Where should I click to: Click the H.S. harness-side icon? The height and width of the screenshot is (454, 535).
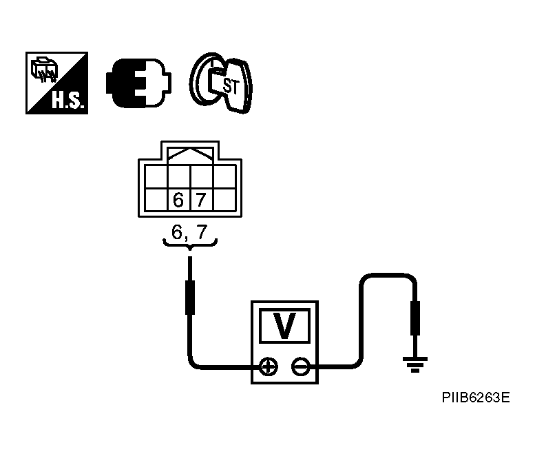(x=56, y=83)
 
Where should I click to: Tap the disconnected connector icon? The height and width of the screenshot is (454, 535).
(x=138, y=83)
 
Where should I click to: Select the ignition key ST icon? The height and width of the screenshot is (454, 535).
(x=221, y=83)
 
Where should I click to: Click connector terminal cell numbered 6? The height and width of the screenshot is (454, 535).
(x=178, y=200)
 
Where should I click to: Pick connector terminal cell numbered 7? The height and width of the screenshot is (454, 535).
(x=200, y=200)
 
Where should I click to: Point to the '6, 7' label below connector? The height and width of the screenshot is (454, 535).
(x=189, y=232)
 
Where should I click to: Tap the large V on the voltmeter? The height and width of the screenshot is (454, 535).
(x=284, y=326)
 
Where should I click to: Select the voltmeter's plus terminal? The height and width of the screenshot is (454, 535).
(x=269, y=367)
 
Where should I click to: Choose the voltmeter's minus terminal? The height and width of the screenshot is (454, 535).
(x=300, y=367)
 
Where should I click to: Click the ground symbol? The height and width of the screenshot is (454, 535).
(x=415, y=364)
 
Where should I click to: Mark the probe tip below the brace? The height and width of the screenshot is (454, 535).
(x=189, y=296)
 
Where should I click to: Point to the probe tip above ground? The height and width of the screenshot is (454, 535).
(x=415, y=317)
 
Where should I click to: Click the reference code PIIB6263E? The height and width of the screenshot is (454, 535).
(x=476, y=398)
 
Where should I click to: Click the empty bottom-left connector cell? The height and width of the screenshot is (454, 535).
(x=156, y=200)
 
